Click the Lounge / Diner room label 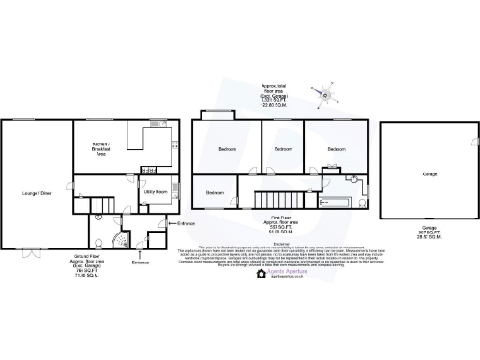pos(37,193)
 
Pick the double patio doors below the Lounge pos(35,251)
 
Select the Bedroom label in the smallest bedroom pos(215,193)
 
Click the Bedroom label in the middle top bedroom pos(282,149)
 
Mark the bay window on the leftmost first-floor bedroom pos(218,114)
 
